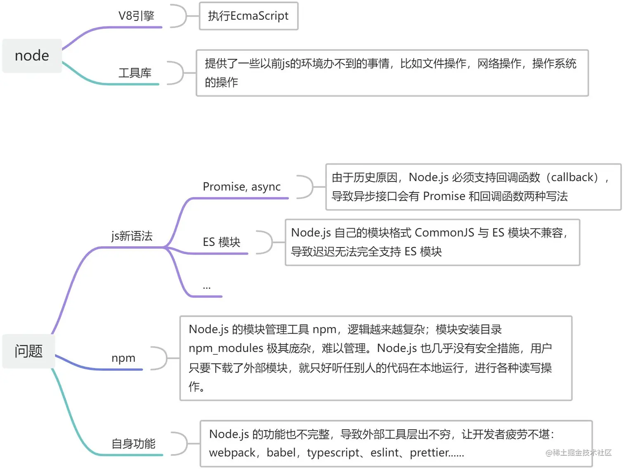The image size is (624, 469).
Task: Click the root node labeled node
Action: click(32, 56)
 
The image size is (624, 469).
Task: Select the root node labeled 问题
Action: click(28, 351)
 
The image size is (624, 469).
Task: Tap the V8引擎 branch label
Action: click(136, 16)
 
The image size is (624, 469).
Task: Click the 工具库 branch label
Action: click(135, 73)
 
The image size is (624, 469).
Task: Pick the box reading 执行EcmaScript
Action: click(248, 16)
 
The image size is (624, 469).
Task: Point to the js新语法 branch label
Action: click(132, 236)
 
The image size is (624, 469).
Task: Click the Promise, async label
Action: click(241, 186)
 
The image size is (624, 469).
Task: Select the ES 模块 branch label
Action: click(221, 242)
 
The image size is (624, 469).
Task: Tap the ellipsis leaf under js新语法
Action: click(207, 286)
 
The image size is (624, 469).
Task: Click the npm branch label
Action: click(123, 358)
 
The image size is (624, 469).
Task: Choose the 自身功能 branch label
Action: click(133, 444)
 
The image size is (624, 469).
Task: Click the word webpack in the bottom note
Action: click(232, 453)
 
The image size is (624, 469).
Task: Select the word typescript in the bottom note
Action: click(333, 453)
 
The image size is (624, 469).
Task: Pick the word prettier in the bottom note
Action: click(431, 453)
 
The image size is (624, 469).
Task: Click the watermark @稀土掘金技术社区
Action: click(578, 453)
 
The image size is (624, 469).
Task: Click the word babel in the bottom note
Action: click(281, 453)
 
